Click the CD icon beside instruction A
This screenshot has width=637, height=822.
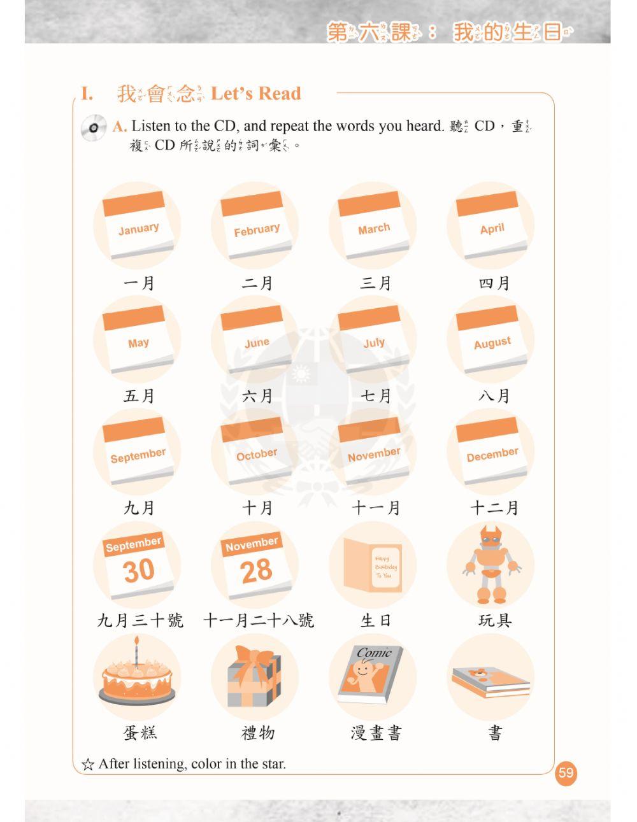93,128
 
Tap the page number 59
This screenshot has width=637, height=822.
566,773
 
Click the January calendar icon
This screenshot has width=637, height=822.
138,227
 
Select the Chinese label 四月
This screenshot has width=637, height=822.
494,283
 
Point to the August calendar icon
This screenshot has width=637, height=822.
492,340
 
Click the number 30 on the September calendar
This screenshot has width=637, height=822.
138,570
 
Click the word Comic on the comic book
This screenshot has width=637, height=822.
374,653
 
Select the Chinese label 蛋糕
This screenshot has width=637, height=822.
140,733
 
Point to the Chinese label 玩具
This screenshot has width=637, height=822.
494,620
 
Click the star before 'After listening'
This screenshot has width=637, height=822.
88,764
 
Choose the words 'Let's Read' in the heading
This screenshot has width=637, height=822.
255,94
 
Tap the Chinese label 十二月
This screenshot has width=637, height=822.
494,508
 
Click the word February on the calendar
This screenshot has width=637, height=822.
256,230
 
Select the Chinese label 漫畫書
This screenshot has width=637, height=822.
376,733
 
